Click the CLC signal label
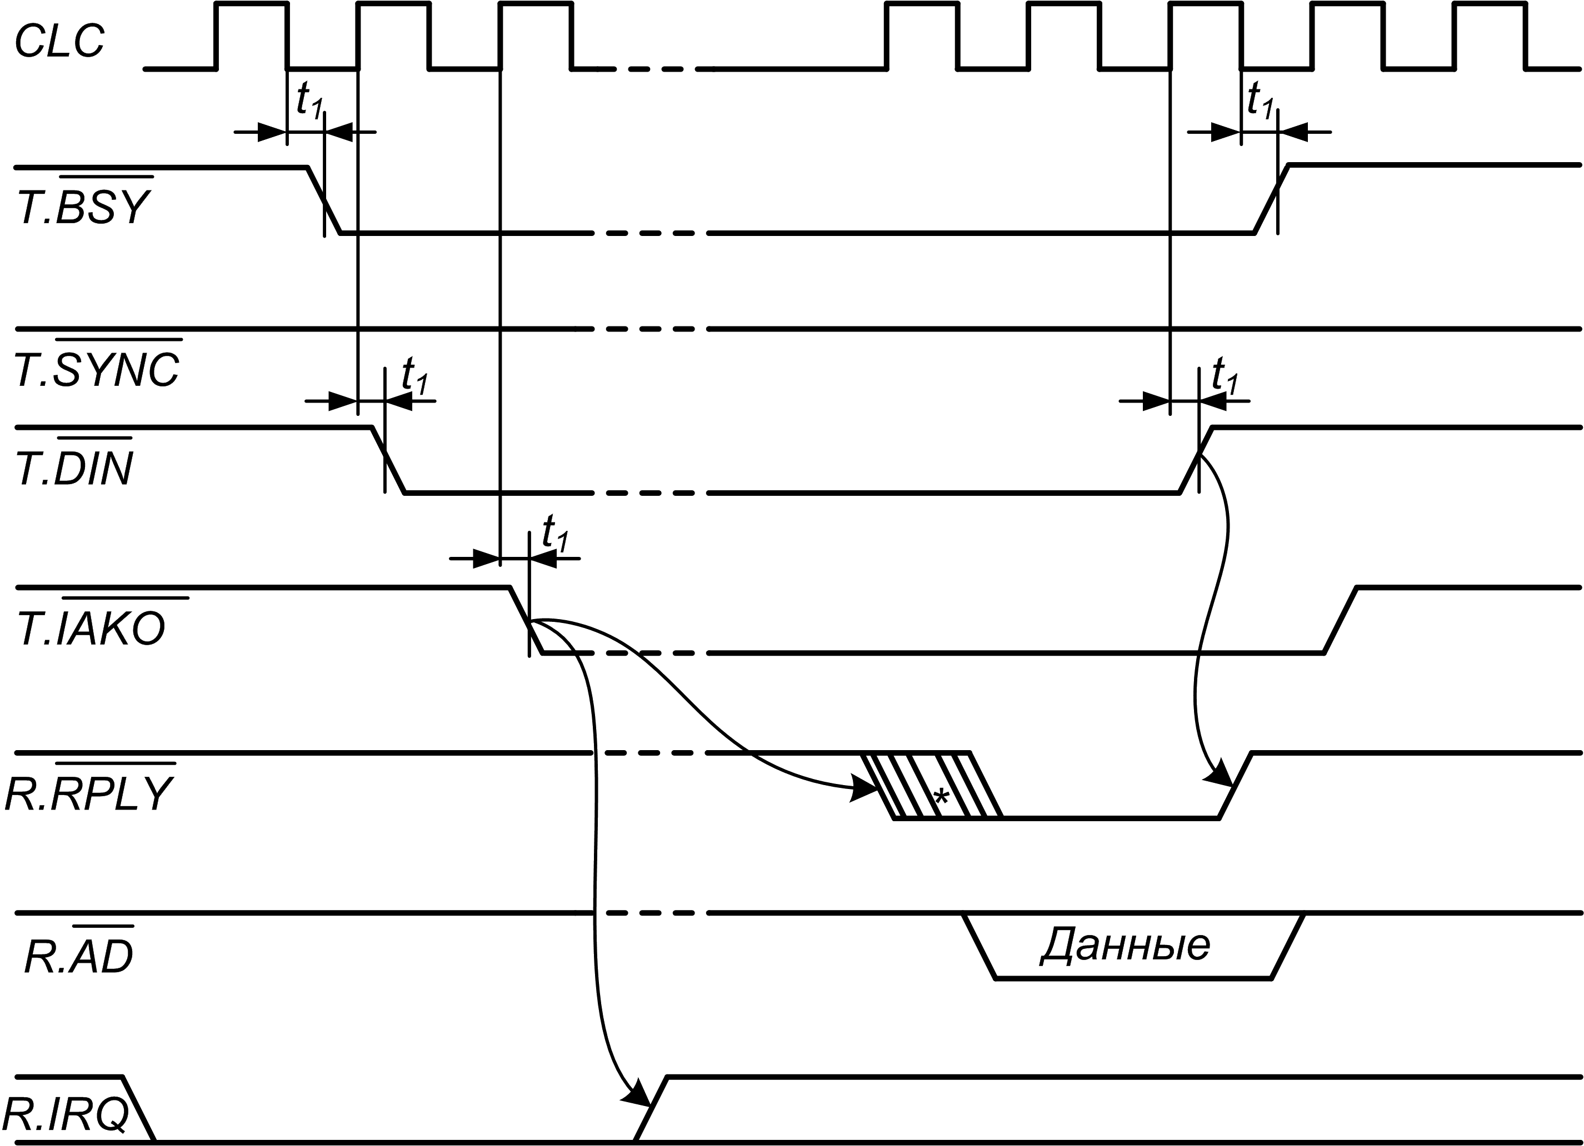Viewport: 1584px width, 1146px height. pos(59,41)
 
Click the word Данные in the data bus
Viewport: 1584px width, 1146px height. pos(1125,945)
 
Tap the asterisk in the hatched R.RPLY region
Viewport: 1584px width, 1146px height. pos(942,796)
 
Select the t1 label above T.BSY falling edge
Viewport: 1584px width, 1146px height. pos(309,99)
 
